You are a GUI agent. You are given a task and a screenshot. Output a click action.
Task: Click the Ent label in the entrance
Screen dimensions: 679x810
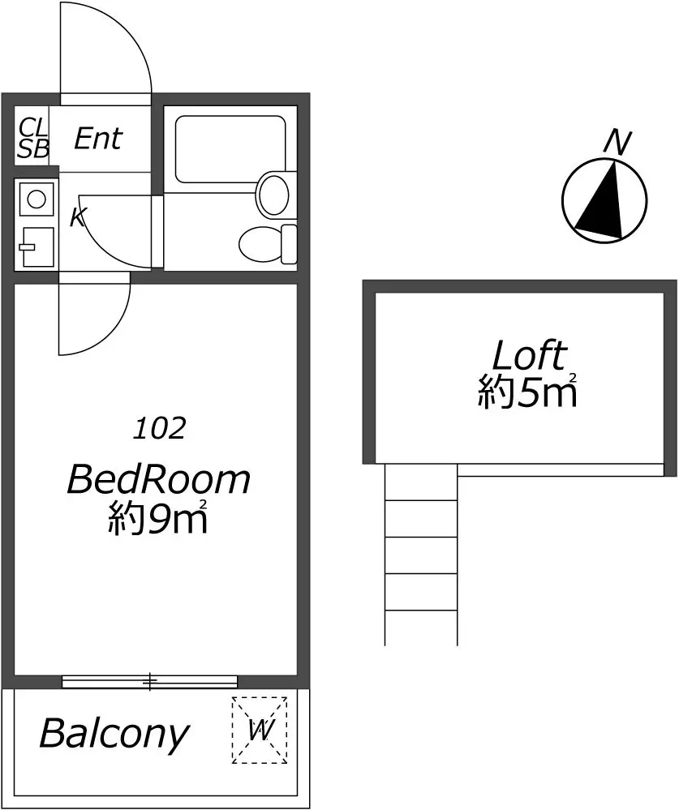98,139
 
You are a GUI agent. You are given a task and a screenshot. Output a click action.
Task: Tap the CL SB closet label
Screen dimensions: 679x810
32,138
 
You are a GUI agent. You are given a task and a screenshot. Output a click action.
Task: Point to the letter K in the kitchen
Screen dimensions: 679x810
78,217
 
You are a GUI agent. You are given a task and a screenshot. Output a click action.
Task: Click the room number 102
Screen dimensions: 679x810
159,428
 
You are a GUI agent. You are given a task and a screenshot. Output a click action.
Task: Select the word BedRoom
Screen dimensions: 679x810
159,479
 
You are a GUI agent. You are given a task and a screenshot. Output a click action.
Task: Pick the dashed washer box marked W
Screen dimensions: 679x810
260,730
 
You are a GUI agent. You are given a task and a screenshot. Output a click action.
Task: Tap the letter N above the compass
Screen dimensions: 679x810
618,142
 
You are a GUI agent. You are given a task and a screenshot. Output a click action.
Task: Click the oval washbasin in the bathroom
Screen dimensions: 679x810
273,195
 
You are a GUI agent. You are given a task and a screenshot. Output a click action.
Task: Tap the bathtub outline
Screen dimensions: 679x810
230,149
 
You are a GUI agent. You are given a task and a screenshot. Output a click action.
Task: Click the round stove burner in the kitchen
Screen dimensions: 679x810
37,199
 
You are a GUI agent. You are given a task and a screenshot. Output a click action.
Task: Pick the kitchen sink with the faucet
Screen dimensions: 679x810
37,247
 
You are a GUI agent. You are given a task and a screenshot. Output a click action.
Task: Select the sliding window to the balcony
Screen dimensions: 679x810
150,681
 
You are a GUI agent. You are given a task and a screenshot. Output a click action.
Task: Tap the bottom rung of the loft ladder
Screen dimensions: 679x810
421,610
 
